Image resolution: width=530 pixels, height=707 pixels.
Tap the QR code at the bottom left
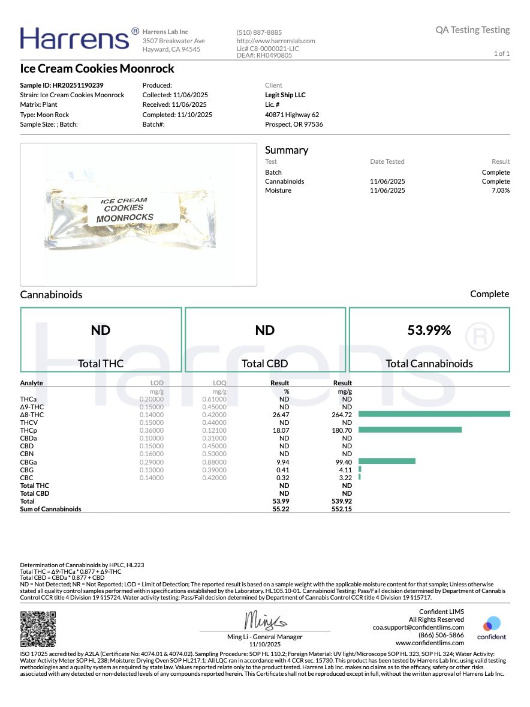pyautogui.click(x=38, y=628)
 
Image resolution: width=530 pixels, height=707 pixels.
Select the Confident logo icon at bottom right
pyautogui.click(x=492, y=624)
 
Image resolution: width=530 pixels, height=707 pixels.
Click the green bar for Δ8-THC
pyautogui.click(x=434, y=414)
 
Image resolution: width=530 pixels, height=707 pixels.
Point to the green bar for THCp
pyautogui.click(x=410, y=430)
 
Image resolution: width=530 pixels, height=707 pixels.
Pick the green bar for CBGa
pyautogui.click(x=387, y=461)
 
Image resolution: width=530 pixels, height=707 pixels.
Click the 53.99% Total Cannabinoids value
pyautogui.click(x=429, y=330)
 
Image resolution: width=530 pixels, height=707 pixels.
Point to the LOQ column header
pyautogui.click(x=219, y=383)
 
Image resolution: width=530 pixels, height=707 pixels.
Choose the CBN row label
pyautogui.click(x=26, y=454)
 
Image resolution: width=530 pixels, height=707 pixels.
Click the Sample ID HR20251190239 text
pyautogui.click(x=62, y=85)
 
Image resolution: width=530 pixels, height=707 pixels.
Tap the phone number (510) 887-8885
pyautogui.click(x=259, y=32)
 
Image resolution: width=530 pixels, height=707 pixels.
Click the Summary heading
pyautogui.click(x=287, y=150)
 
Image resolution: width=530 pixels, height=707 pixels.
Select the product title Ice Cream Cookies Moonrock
pyautogui.click(x=97, y=68)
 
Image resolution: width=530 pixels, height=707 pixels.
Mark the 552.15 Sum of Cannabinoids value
pyautogui.click(x=342, y=509)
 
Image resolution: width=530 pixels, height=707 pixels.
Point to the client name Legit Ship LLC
pyautogui.click(x=285, y=95)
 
